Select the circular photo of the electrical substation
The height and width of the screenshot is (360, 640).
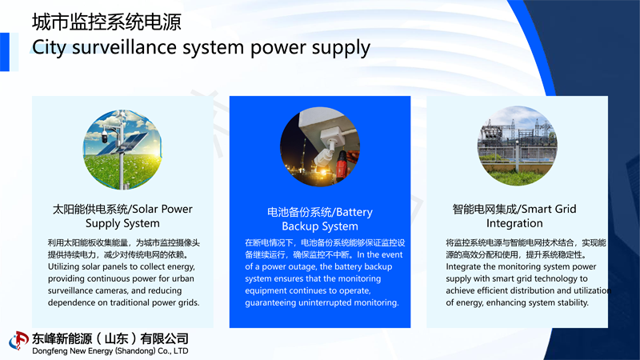[x=517, y=146]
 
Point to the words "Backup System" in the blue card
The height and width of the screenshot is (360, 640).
[x=319, y=226]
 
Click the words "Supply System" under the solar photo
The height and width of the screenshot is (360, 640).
[x=122, y=223]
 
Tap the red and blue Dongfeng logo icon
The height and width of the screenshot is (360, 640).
[x=18, y=341]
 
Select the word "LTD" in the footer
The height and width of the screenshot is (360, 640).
[x=180, y=351]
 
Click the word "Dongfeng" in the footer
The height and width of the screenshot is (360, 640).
[x=53, y=351]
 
